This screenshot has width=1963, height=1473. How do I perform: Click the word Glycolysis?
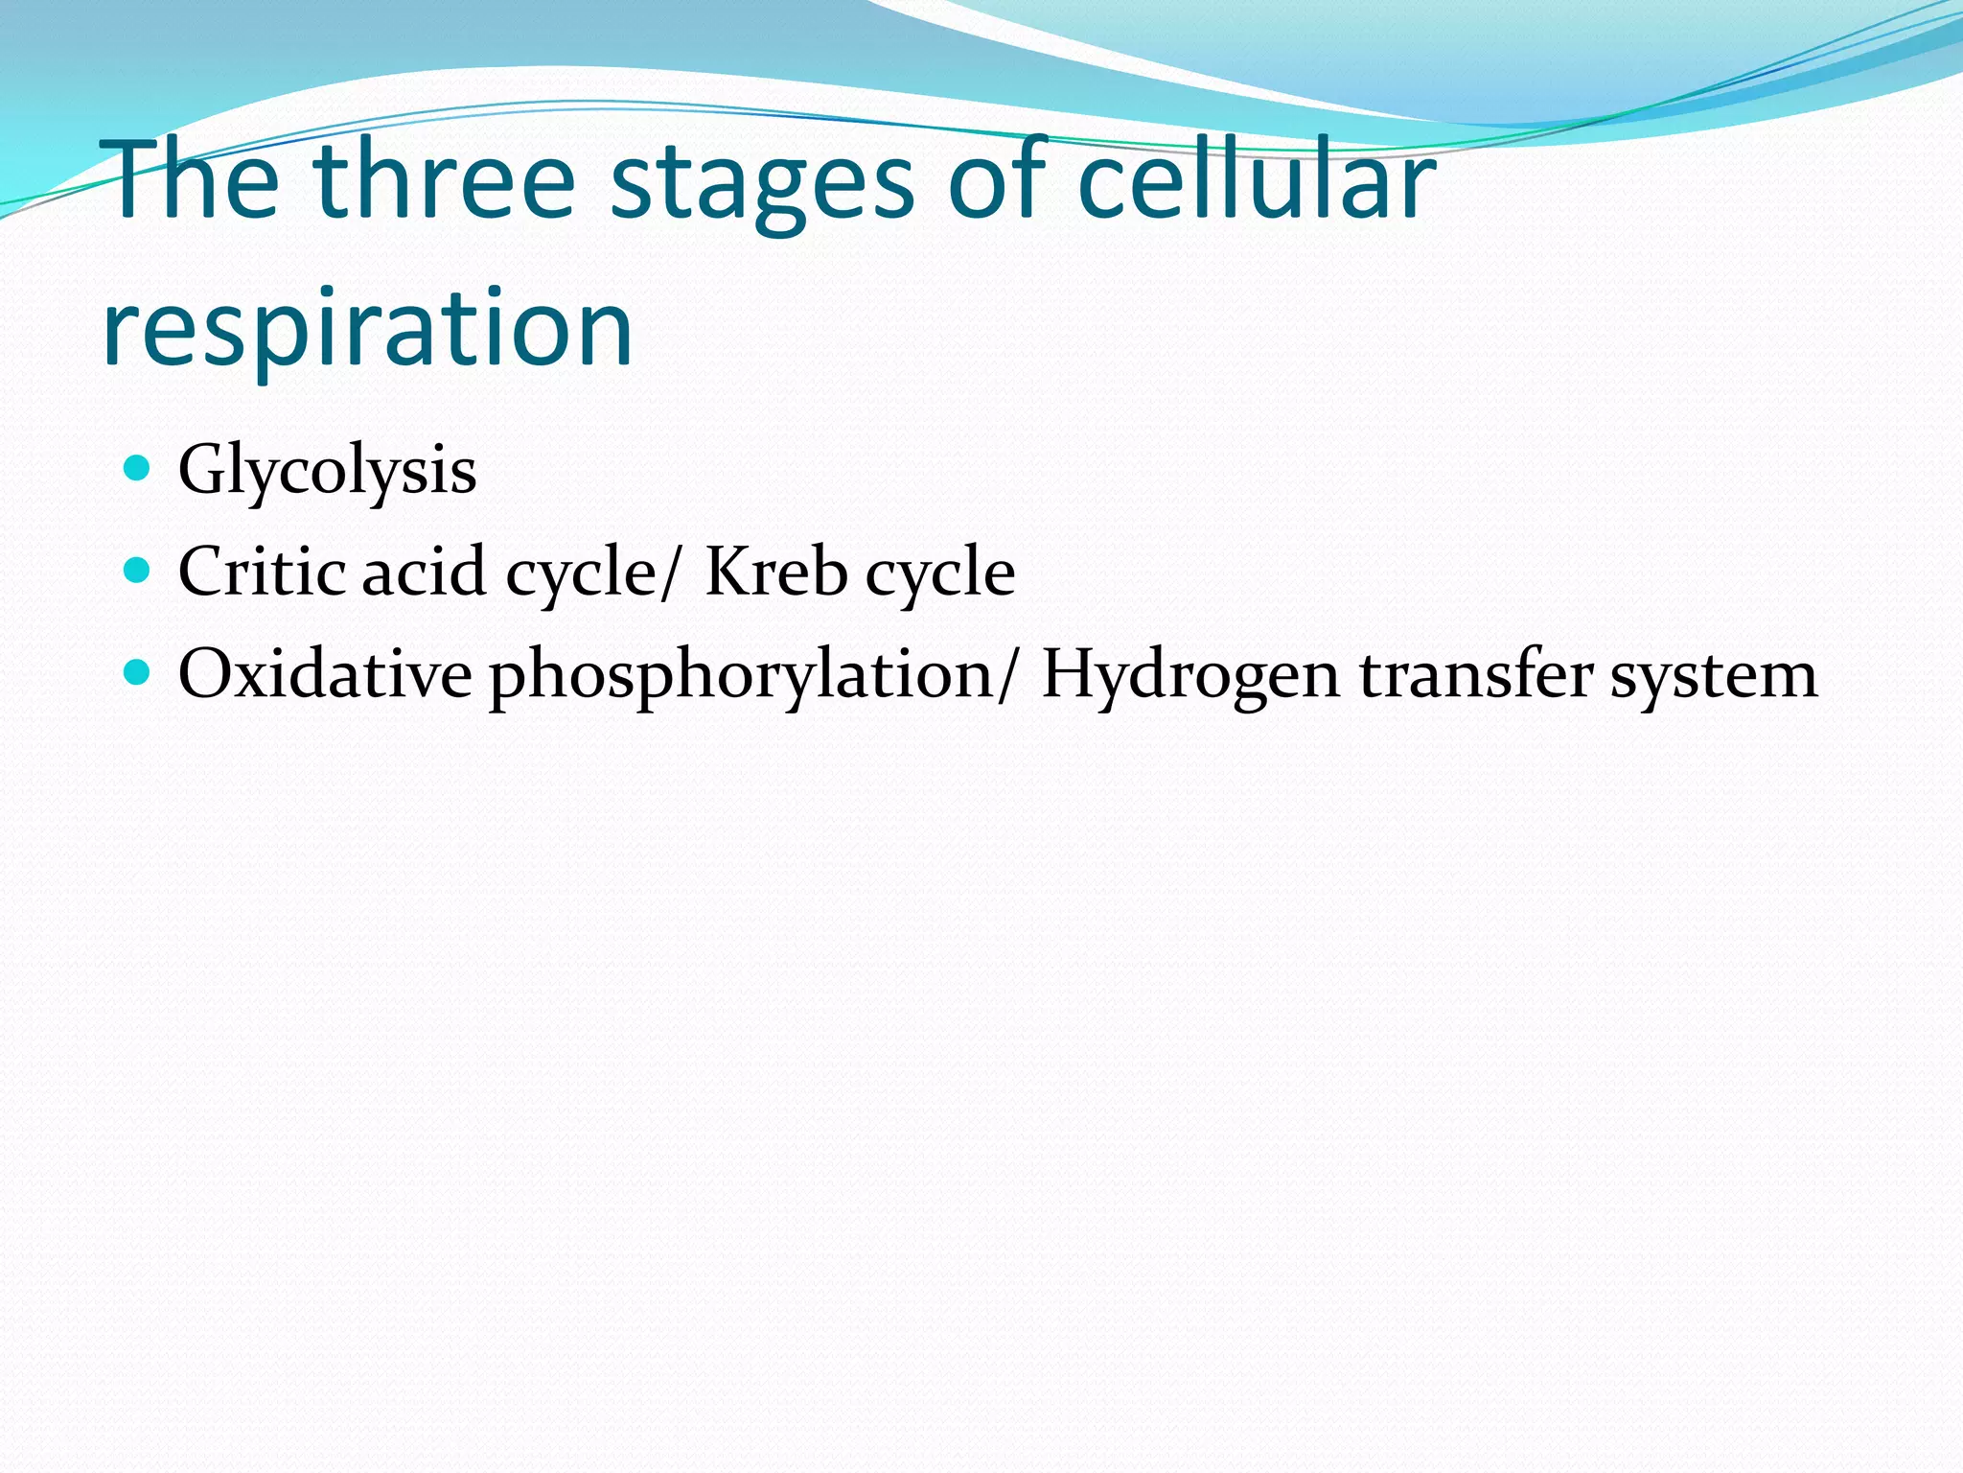point(327,471)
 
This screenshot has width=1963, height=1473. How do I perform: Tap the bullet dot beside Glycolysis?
point(138,468)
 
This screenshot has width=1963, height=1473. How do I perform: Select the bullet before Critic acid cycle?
point(138,571)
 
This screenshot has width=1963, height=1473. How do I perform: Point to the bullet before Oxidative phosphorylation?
point(138,672)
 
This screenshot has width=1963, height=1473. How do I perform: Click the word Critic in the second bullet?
point(262,572)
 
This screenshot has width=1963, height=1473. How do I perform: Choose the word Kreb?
point(775,572)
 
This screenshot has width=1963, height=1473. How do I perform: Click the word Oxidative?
point(324,673)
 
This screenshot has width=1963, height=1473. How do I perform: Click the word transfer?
point(1476,673)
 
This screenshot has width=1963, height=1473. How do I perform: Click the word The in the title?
point(196,180)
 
